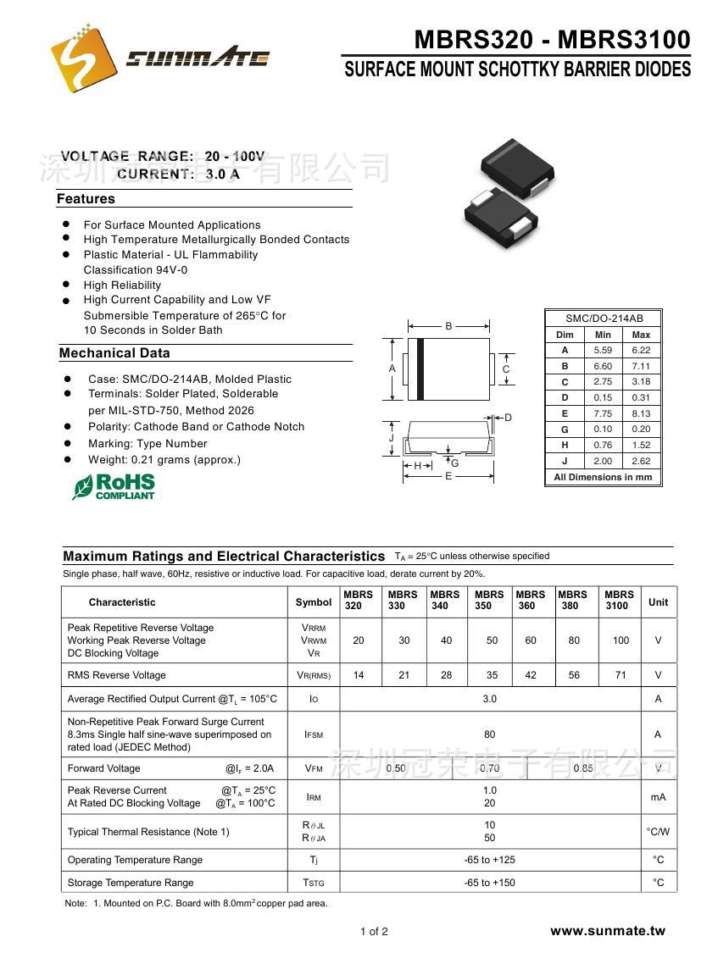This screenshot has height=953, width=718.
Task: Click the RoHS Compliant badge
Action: (114, 486)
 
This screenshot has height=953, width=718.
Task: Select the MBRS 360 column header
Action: (531, 601)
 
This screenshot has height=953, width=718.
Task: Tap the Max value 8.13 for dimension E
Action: (641, 413)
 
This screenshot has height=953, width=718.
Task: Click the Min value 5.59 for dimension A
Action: (603, 350)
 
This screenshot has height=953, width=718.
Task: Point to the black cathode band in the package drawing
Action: (420, 368)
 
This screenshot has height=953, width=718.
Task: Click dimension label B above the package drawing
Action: (449, 326)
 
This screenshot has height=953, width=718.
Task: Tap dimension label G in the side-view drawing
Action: (455, 463)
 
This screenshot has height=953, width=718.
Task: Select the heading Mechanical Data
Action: (114, 353)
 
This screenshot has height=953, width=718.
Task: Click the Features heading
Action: (86, 199)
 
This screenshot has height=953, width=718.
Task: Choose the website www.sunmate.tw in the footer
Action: (607, 931)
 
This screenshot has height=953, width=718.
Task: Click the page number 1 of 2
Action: (374, 932)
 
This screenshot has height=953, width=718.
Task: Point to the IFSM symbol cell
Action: (314, 734)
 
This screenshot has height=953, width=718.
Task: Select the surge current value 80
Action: (489, 734)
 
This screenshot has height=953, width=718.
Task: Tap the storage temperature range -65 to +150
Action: (489, 883)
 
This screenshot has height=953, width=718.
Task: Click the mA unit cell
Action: (658, 797)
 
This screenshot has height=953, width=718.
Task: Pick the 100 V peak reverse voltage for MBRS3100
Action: (621, 640)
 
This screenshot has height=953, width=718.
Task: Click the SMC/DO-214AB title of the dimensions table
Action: (604, 319)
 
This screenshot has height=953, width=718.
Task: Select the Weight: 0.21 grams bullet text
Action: (164, 460)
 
